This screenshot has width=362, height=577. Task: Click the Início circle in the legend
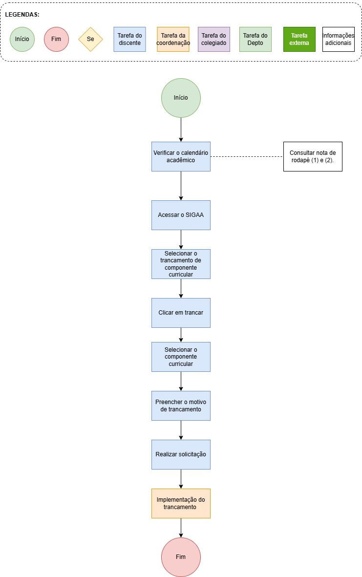point(22,39)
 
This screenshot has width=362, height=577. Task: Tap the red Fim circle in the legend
point(56,39)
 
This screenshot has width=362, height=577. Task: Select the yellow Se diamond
point(90,39)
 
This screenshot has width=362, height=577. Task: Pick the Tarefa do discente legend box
point(129,39)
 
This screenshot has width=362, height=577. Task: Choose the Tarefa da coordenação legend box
point(173,39)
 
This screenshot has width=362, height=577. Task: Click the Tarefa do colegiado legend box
point(214,39)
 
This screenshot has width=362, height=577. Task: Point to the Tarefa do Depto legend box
point(256,39)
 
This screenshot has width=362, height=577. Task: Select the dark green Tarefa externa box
point(299,39)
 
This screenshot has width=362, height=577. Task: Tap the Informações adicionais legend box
point(339,39)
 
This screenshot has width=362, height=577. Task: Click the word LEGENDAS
point(22,15)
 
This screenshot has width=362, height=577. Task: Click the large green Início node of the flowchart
point(181,98)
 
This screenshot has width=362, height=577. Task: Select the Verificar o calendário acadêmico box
point(181,156)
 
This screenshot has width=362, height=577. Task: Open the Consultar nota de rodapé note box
point(313,156)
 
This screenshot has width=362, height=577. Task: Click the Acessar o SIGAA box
point(181,215)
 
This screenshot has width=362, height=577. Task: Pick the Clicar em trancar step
point(181,313)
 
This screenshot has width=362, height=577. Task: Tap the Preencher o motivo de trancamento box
point(181,406)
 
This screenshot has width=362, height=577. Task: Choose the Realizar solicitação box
point(181,454)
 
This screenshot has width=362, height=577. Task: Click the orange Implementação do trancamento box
point(181,503)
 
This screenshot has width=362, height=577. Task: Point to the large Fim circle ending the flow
point(181,557)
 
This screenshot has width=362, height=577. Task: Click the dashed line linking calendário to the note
point(247,156)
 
